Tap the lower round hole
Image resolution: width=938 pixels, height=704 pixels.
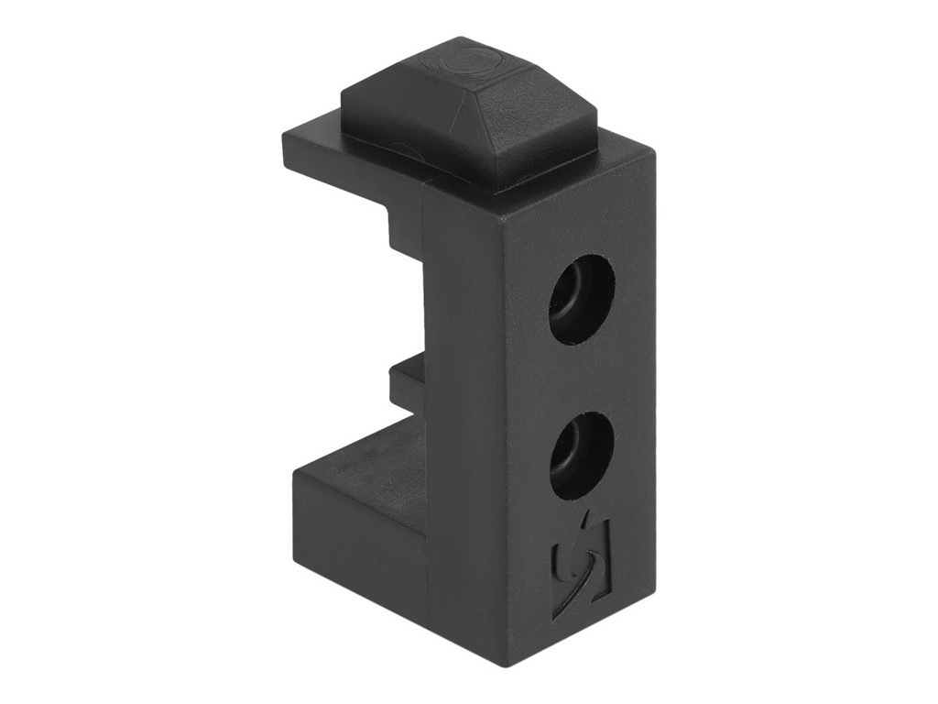580,455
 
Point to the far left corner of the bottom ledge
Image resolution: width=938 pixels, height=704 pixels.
295,477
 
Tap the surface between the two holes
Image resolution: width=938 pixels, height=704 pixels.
581,378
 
